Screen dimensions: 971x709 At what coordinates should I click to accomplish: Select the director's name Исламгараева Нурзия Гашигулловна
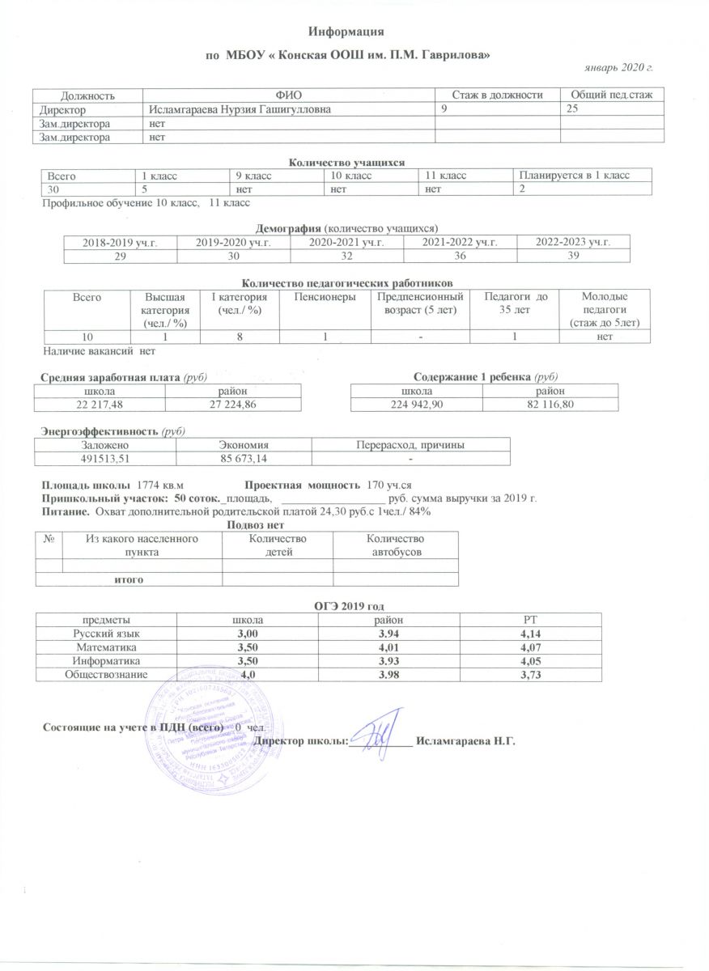click(239, 109)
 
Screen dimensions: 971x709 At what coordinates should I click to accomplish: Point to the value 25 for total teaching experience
click(572, 109)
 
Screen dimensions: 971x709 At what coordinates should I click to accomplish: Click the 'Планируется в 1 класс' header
click(574, 175)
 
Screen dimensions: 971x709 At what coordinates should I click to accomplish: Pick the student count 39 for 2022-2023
click(573, 254)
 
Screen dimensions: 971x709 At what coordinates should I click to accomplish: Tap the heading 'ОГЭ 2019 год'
click(348, 605)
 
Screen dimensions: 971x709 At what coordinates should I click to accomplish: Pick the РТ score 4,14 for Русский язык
click(532, 634)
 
